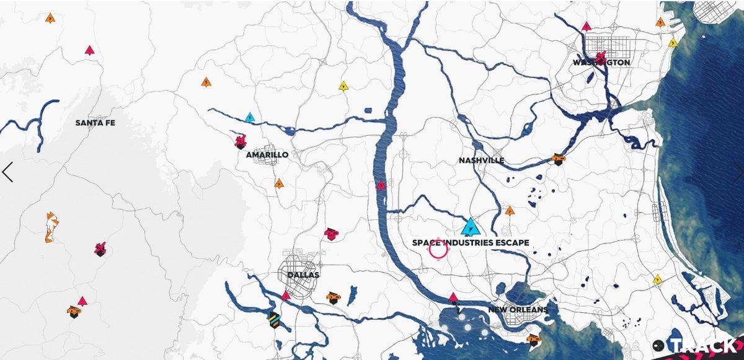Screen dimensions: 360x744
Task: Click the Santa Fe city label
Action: pos(95,123)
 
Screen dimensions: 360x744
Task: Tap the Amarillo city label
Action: pos(267,155)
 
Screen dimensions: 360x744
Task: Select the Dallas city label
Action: pos(303,274)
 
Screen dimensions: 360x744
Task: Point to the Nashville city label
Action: pos(481,160)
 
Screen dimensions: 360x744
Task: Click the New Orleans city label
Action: pos(518,310)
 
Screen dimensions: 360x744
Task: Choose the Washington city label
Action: pos(601,63)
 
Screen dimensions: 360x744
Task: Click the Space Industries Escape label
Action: pos(471,243)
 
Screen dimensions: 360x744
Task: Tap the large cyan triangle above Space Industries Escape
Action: pos(471,227)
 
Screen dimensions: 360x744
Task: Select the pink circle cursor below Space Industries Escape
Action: pos(438,249)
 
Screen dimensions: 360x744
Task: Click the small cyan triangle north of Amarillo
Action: pos(250,117)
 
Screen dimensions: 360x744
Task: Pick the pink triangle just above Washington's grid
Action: pos(587,27)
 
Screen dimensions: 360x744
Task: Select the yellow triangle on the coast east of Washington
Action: pos(673,43)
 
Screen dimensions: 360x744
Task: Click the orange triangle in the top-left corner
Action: pos(50,18)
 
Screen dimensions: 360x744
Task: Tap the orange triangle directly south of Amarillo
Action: pos(279,183)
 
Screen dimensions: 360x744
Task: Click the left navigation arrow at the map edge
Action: pos(7,172)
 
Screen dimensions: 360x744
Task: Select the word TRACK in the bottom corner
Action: pos(703,346)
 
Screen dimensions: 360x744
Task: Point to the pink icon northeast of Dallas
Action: pos(330,233)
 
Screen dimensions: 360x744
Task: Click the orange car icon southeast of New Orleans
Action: pos(533,339)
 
